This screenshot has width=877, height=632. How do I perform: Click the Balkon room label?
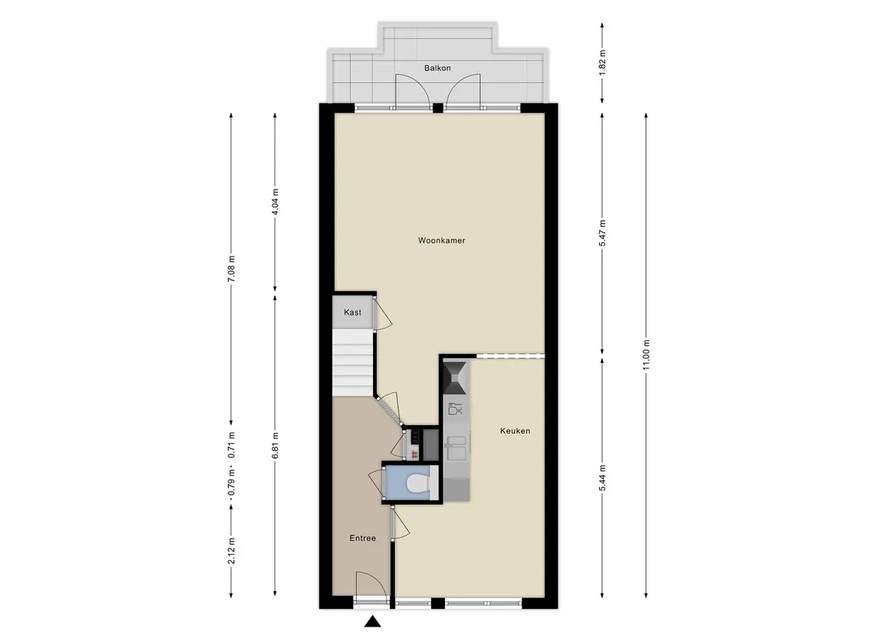[437, 68]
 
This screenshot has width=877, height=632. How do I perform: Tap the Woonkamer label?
[441, 241]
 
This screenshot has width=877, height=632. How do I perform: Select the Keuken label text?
[515, 431]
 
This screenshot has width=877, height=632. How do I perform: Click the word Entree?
[362, 538]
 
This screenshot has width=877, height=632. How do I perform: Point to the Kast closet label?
[352, 312]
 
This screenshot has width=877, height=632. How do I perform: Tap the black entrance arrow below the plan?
[372, 621]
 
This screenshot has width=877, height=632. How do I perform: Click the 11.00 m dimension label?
[646, 355]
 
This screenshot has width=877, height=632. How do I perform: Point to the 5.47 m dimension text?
[602, 234]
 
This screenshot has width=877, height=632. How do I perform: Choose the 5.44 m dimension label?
[602, 477]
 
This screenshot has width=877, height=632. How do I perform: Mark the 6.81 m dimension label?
[275, 445]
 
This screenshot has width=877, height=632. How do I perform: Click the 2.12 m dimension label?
[231, 550]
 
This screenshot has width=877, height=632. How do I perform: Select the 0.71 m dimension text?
[231, 444]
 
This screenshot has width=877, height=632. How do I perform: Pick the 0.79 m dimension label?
[231, 484]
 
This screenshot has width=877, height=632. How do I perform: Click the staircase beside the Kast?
[353, 362]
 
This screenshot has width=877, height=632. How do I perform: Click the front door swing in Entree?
[370, 585]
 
